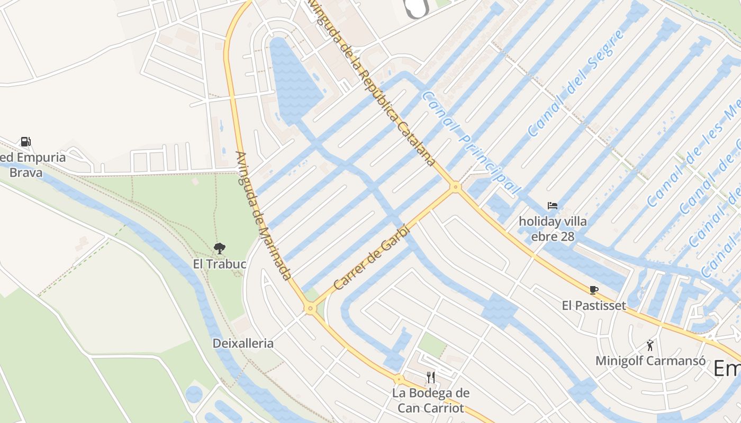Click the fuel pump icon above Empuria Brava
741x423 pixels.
click(25, 142)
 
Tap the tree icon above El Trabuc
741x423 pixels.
click(219, 248)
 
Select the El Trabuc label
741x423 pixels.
click(219, 264)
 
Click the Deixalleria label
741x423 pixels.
click(243, 343)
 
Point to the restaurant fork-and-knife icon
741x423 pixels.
click(431, 377)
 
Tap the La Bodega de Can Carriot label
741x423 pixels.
click(431, 400)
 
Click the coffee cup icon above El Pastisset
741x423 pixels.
click(593, 290)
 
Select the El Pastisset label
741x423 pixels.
click(593, 306)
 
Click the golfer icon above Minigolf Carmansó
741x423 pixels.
click(650, 345)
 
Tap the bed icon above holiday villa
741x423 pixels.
click(553, 205)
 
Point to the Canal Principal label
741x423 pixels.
click(471, 142)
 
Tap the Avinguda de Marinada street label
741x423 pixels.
click(264, 216)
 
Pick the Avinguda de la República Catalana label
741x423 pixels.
click(373, 82)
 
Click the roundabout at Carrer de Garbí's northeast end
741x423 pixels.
click(455, 187)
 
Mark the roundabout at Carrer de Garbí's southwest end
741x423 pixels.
click(310, 309)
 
